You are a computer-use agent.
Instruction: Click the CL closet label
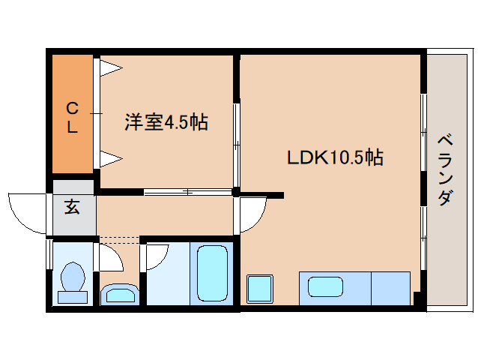[72, 116]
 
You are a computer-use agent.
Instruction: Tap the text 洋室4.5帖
[166, 121]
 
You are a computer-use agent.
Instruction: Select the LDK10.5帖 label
[335, 158]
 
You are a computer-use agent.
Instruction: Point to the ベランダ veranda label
[444, 169]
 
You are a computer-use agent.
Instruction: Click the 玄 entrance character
[72, 207]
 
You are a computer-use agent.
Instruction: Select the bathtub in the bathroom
[211, 273]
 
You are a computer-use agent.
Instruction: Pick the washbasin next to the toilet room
[118, 292]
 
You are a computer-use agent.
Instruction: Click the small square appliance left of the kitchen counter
[260, 288]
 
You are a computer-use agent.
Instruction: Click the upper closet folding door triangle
[111, 69]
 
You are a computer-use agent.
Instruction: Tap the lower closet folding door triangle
[111, 157]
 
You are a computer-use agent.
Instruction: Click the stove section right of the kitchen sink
[390, 288]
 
